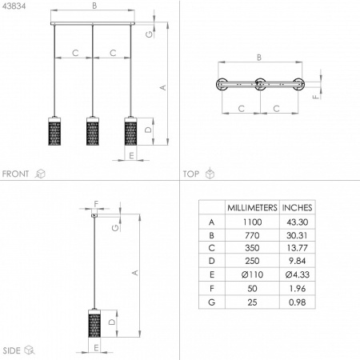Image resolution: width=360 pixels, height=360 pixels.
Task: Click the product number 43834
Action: tap(14, 6)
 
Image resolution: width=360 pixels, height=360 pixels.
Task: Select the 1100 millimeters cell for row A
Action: tap(252, 222)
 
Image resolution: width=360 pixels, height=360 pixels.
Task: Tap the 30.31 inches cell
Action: tap(297, 235)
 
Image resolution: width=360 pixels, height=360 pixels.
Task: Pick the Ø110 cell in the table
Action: tap(252, 274)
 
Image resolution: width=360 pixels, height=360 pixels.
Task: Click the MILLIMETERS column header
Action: tap(252, 207)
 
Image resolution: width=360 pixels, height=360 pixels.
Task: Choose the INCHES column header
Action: tap(297, 207)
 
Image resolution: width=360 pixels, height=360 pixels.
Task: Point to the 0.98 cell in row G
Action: tap(297, 302)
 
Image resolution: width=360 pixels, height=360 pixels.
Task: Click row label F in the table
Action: tap(212, 288)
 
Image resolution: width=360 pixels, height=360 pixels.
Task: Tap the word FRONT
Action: tap(15, 174)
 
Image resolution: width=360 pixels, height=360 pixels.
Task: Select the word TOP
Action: tap(191, 174)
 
